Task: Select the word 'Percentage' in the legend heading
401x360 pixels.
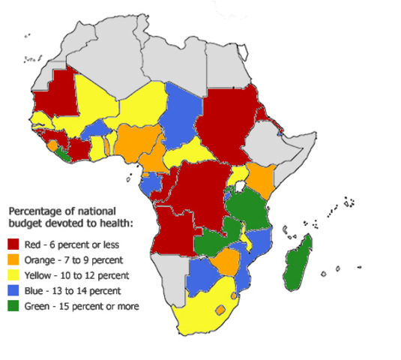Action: pos(33,209)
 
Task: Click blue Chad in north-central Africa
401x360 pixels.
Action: pos(183,120)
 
